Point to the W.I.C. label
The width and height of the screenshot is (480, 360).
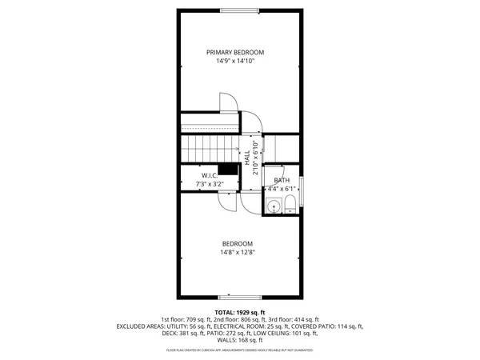click(210, 175)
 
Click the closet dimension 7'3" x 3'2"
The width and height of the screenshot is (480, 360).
click(210, 184)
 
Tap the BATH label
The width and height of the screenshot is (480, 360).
click(281, 180)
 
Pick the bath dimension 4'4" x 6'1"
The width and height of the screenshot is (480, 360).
click(281, 190)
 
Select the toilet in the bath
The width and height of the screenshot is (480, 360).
click(289, 206)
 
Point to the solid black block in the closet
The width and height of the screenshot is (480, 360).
click(230, 168)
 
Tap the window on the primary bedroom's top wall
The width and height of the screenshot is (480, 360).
click(240, 10)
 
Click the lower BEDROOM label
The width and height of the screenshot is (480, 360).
click(238, 244)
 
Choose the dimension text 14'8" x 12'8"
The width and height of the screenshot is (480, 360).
click(238, 254)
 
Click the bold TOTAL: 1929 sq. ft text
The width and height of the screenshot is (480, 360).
click(240, 311)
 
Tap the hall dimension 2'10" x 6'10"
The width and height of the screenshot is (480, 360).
click(256, 158)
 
